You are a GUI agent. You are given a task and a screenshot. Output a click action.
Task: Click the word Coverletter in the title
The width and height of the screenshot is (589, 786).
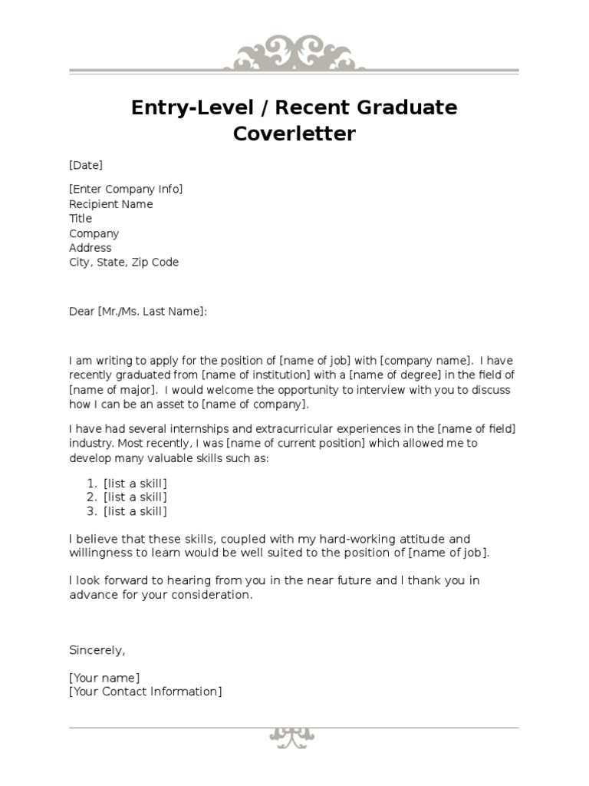(x=294, y=134)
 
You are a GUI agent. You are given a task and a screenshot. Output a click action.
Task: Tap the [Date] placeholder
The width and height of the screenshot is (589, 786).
(x=86, y=165)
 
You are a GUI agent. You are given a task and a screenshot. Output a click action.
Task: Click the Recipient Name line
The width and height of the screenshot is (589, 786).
(x=111, y=204)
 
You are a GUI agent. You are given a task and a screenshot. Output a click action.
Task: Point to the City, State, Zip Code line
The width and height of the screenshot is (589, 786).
(x=123, y=263)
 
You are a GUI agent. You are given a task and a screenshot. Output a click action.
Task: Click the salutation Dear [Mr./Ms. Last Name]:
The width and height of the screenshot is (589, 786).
(x=138, y=311)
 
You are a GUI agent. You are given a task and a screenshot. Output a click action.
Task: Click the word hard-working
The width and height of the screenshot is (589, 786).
(x=342, y=539)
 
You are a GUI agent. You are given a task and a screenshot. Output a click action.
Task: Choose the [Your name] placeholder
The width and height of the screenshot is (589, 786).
(x=104, y=678)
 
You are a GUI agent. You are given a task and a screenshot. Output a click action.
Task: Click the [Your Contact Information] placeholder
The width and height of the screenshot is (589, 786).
(x=146, y=692)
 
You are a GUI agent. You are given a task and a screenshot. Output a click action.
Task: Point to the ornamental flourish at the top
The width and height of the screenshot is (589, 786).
(x=294, y=53)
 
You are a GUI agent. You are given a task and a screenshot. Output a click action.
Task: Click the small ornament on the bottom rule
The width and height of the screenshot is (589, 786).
(x=292, y=735)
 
